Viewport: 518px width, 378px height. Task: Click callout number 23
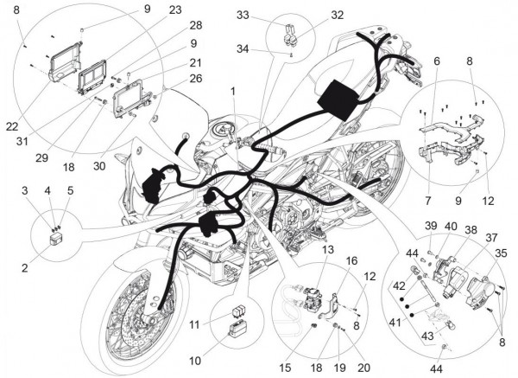175,10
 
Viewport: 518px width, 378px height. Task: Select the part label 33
243,15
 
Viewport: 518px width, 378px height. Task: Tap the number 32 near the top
312,15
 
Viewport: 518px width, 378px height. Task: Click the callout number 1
232,91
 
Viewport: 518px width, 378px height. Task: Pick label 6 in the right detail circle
437,61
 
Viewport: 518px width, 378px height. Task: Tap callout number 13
304,250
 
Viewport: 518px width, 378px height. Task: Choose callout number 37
491,237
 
